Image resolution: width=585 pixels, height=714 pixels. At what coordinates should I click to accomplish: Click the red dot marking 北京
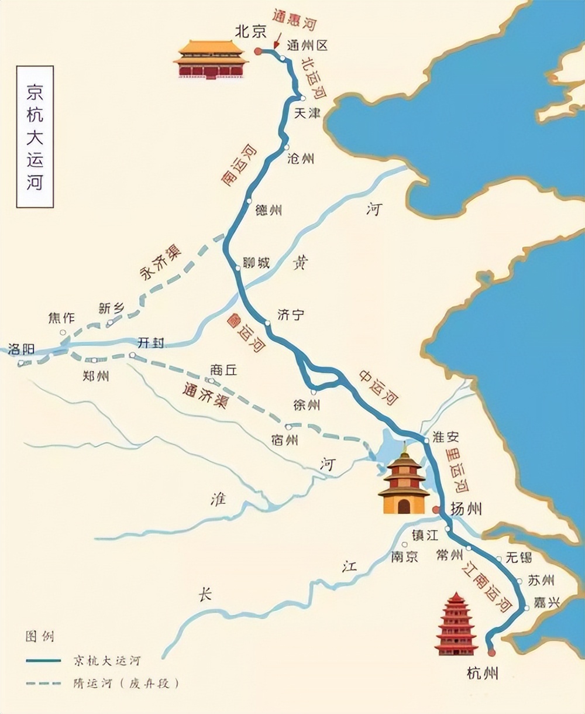257,52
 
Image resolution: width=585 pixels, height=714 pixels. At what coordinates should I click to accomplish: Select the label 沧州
301,158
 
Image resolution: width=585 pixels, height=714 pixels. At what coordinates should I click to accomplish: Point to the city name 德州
269,210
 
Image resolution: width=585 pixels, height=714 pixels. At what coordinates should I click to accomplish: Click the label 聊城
256,263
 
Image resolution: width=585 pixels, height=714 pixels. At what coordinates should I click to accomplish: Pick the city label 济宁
291,315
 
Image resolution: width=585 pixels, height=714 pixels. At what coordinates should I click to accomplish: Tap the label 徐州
306,405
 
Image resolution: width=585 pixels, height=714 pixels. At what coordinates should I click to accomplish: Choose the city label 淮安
446,437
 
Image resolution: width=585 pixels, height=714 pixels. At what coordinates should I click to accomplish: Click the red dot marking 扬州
436,510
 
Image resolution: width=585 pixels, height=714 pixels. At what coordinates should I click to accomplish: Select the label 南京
405,557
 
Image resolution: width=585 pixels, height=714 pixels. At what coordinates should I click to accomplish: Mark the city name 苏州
541,580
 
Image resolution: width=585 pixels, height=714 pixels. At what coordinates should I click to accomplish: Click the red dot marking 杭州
491,653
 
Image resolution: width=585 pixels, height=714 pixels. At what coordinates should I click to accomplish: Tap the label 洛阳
22,349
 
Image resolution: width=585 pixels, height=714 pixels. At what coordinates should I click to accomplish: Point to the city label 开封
150,343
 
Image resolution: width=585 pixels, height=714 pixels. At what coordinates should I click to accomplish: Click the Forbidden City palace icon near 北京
211,59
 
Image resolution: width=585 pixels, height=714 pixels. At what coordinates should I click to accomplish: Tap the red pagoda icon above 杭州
456,624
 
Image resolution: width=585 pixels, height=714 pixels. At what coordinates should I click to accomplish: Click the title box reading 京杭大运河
35,137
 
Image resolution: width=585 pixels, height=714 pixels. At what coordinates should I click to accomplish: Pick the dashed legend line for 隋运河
43,683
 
